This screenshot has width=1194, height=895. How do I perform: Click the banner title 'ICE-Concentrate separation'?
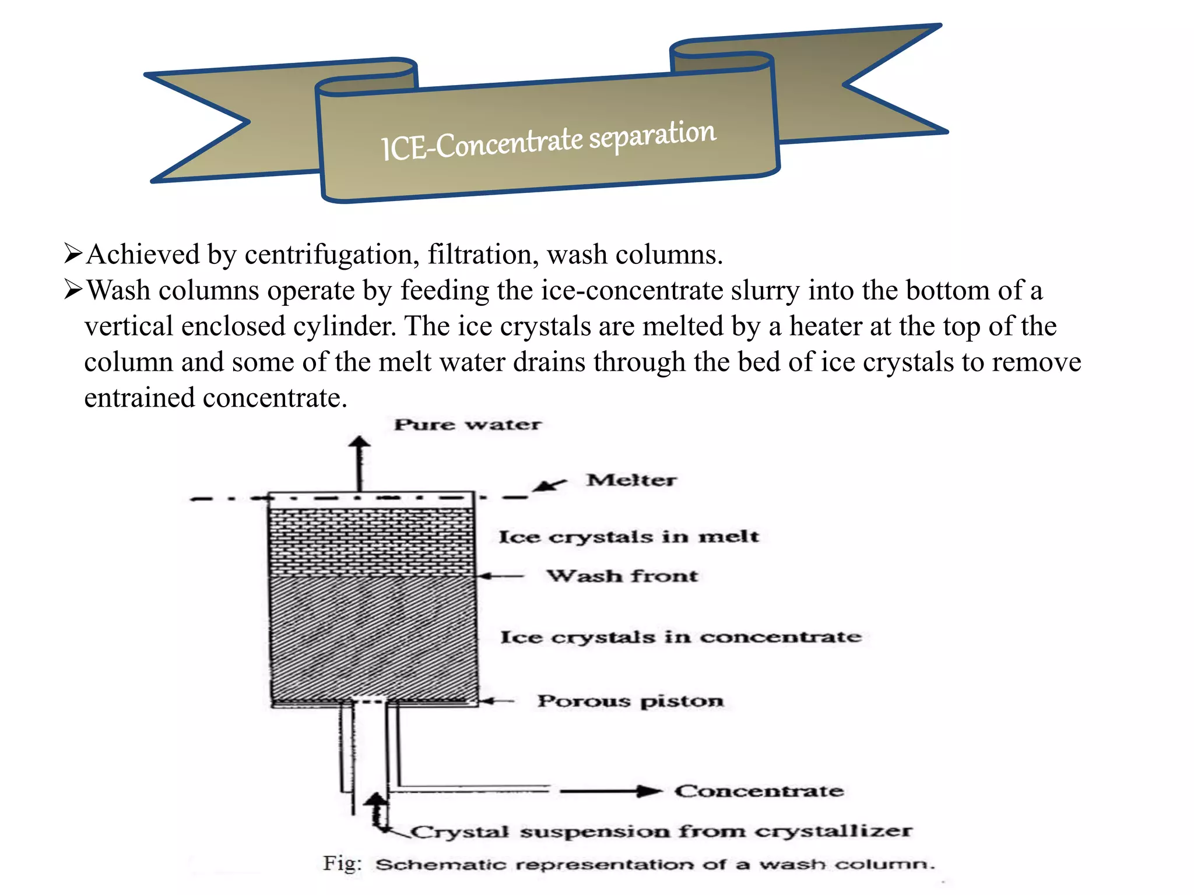click(548, 140)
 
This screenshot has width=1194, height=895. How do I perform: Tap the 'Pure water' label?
click(468, 424)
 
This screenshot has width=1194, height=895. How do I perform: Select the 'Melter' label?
click(631, 480)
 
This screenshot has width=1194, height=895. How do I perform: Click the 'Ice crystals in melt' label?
click(628, 536)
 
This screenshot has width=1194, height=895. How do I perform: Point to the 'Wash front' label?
click(622, 576)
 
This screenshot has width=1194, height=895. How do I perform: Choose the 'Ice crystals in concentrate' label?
click(680, 636)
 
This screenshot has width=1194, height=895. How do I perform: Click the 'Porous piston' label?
click(630, 700)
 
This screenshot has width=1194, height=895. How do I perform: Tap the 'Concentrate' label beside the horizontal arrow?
click(759, 791)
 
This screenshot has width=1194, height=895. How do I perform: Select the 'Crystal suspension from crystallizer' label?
click(661, 831)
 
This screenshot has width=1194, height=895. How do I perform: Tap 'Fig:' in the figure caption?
click(342, 863)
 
